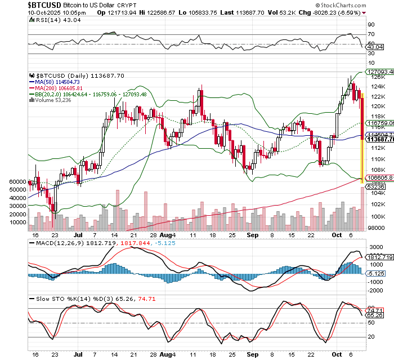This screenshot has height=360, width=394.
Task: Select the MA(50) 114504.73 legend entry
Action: point(56,82)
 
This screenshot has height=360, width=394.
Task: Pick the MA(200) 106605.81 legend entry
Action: point(58,88)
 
